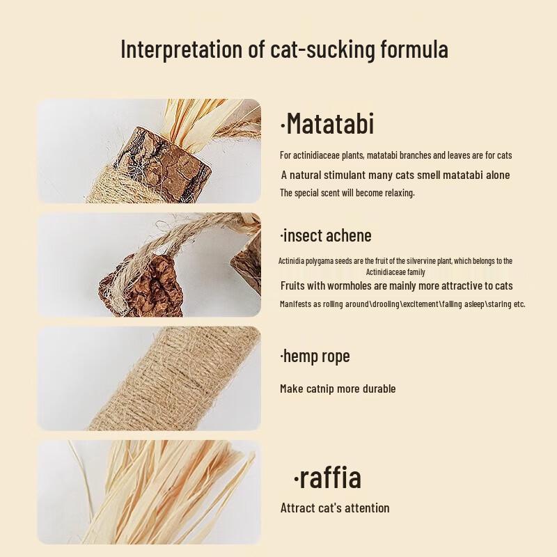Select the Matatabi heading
pyautogui.click(x=327, y=124)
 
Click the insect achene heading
pyautogui.click(x=326, y=235)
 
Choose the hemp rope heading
pyautogui.click(x=315, y=356)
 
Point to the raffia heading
pyautogui.click(x=327, y=478)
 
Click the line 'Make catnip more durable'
pyautogui.click(x=338, y=389)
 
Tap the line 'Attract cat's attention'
pyautogui.click(x=335, y=508)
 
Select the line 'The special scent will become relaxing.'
pyautogui.click(x=347, y=193)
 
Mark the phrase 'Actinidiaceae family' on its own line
pyautogui.click(x=395, y=272)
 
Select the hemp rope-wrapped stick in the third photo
pyautogui.click(x=174, y=379)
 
